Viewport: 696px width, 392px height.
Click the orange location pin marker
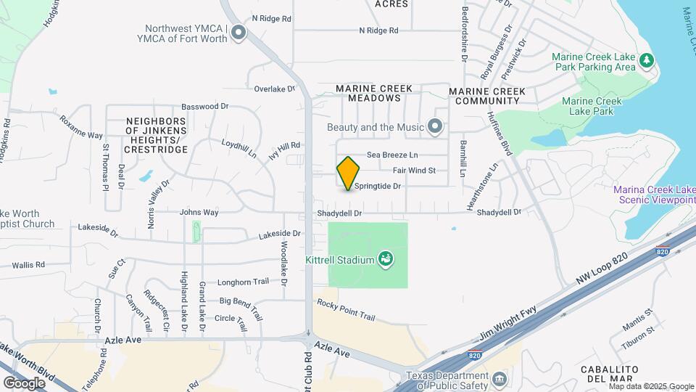point(348,173)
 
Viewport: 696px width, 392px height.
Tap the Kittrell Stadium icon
point(386,258)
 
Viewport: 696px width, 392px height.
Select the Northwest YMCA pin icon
point(239,33)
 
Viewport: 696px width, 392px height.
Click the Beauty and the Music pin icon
point(435,127)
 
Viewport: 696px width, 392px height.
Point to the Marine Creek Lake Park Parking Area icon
point(647,62)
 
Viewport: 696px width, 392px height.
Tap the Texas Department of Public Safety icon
point(500,380)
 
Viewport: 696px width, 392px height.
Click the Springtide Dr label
point(378,187)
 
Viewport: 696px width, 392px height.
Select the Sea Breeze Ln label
point(392,155)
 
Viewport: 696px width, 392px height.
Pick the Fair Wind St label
point(414,171)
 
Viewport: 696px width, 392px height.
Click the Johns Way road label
point(199,213)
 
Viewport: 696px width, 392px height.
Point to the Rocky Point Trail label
point(346,311)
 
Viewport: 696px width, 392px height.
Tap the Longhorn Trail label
point(244,282)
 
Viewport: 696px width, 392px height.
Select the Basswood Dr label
point(205,107)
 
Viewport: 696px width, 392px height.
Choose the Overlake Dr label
point(275,89)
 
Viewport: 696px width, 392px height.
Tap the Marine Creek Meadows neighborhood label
point(374,93)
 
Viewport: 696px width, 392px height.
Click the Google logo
point(24,383)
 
